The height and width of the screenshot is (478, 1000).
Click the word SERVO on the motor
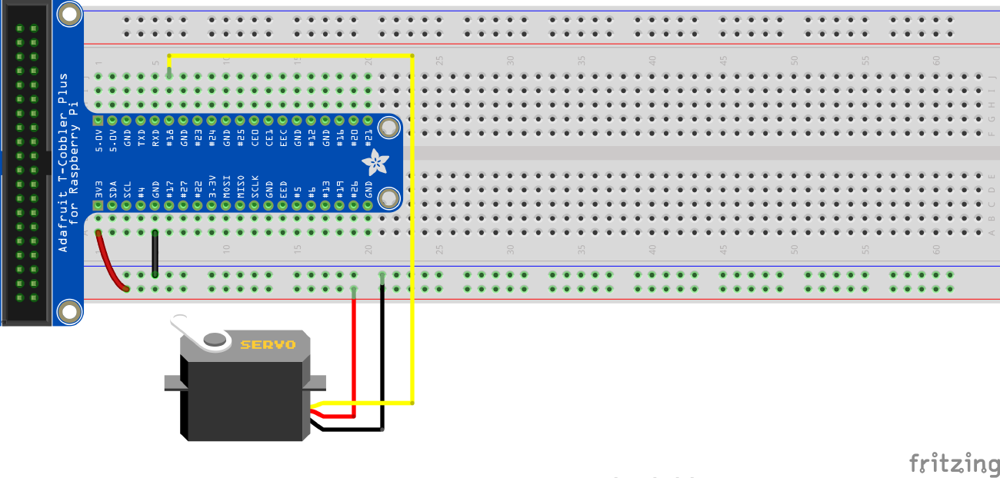[x=268, y=345]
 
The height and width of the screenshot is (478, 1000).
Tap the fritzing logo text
[x=954, y=463]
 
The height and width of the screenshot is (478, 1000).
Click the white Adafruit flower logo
[x=375, y=161]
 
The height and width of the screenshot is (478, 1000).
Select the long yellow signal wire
[x=412, y=231]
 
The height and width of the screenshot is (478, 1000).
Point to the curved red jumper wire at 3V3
[x=108, y=262]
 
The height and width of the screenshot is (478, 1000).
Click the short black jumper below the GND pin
[x=155, y=253]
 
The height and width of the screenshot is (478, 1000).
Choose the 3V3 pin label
[x=98, y=189]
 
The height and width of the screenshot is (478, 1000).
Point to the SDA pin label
[x=112, y=189]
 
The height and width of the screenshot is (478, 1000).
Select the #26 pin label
[x=354, y=189]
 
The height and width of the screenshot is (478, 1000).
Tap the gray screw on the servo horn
[x=215, y=338]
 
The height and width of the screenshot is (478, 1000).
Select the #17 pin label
[x=169, y=189]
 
